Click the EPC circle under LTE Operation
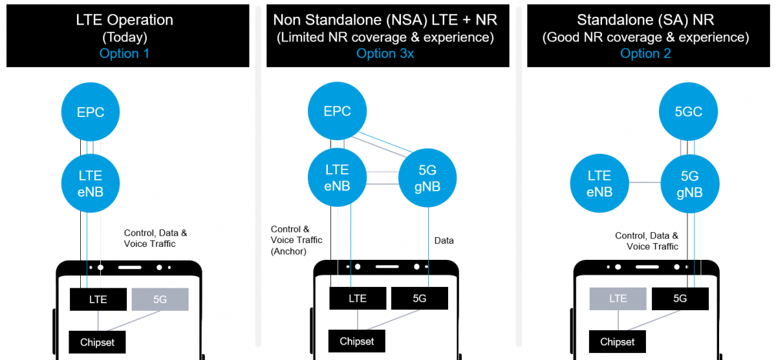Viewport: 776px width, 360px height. pos(91,112)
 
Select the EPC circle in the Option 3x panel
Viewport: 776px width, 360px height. pos(337,111)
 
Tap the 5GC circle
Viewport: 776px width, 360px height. pos(688,112)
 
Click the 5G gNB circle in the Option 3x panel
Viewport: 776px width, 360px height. pos(427,177)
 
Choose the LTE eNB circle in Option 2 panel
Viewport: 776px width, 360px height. pos(599,184)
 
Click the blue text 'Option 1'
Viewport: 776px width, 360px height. pos(124,53)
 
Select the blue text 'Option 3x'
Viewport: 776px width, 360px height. pos(385,53)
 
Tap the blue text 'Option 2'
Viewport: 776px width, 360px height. pos(645,53)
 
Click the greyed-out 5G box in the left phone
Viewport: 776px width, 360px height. pos(160,299)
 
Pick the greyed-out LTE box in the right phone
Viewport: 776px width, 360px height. pos(618,298)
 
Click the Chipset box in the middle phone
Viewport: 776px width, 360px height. pos(356,341)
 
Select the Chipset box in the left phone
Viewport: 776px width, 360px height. pos(96,342)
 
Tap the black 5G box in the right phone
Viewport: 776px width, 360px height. pos(680,298)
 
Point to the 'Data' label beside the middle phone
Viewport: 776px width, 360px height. pos(444,240)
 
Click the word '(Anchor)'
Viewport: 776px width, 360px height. pos(288,251)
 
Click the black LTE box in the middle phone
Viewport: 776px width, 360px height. pos(357,298)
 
